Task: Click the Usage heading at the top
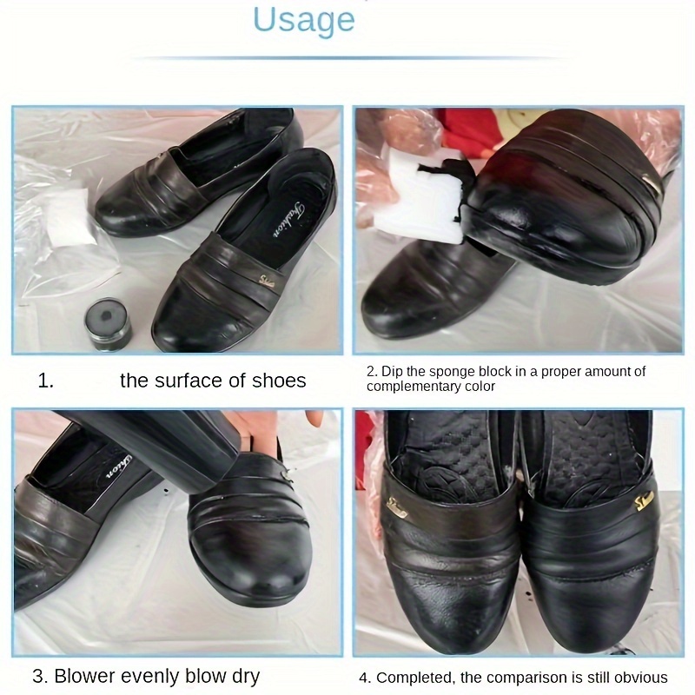pos(304,18)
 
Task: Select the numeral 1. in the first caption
pos(46,381)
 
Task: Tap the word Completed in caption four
pos(411,678)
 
